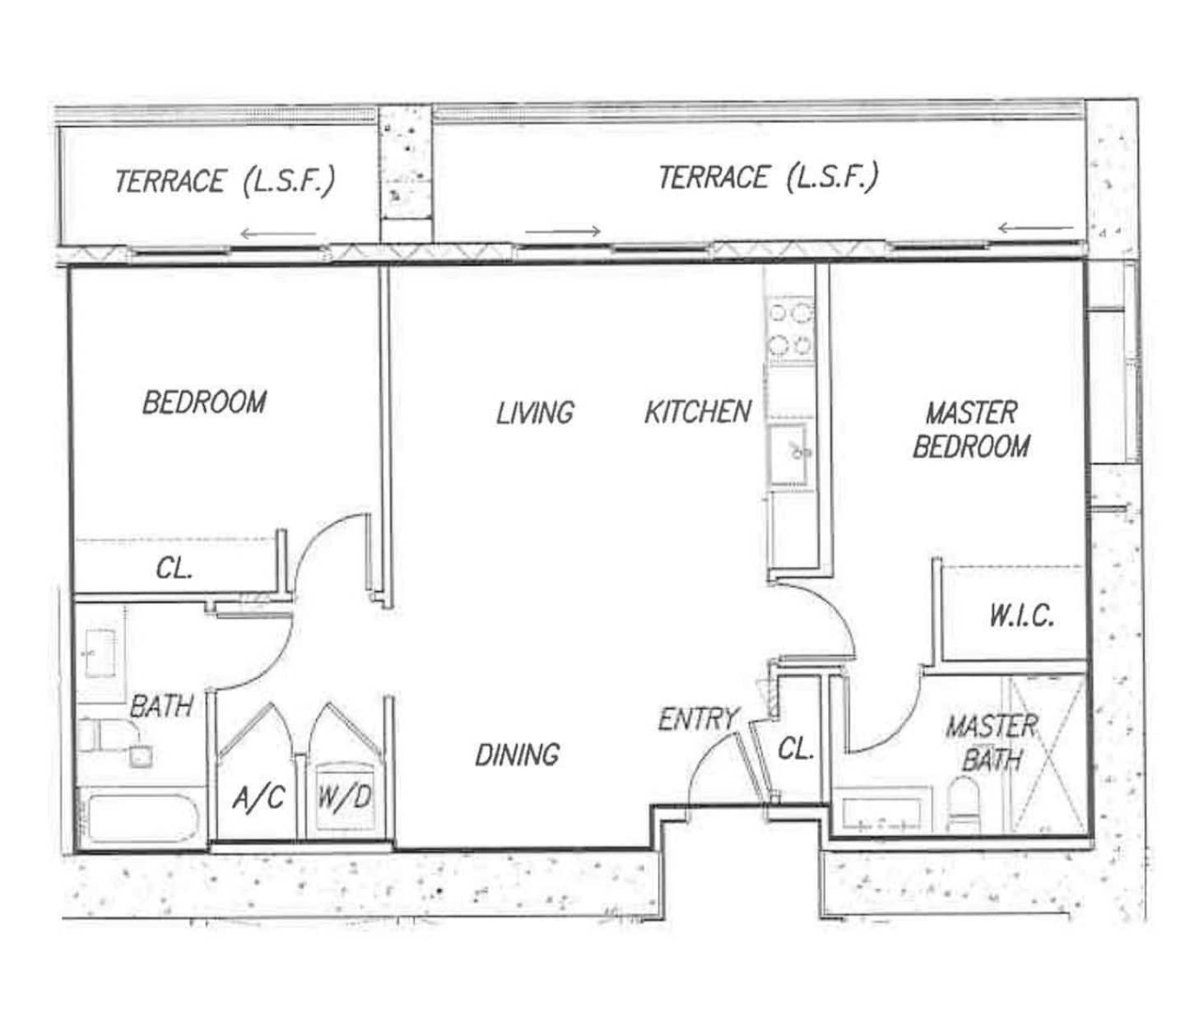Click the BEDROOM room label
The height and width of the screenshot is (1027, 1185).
pos(204,402)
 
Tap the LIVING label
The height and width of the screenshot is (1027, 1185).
pos(535,413)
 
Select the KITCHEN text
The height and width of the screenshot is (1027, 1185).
pos(698,411)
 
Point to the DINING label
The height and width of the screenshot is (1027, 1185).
pos(517,755)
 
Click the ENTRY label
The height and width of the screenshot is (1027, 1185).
pos(698,719)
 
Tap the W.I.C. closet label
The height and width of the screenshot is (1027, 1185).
pos(1021,616)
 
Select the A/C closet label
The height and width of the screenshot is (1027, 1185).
pos(258,797)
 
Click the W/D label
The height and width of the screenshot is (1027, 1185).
pos(345,797)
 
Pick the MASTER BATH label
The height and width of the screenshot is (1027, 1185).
pos(992,743)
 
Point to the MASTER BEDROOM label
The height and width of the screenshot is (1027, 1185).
pos(971,430)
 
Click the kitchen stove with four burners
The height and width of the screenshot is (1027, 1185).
pos(792,332)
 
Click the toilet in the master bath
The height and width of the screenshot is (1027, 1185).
pos(964,804)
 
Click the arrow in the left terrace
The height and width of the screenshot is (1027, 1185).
pos(278,234)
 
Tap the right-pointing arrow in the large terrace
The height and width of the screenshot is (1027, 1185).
pos(563,231)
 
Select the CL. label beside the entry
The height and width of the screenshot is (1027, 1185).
pos(796,748)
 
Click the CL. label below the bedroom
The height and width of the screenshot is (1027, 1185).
pos(174,568)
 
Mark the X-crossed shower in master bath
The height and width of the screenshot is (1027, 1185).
pos(1048,754)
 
